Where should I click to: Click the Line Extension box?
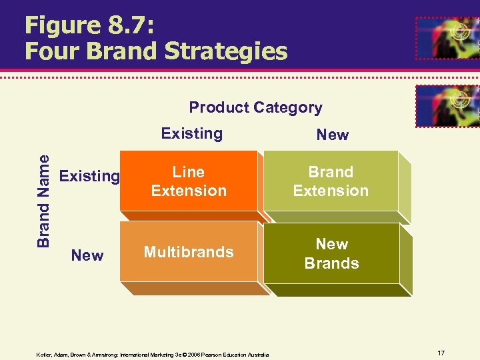(x=189, y=182)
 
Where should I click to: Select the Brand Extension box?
(x=331, y=182)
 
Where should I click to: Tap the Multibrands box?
(x=189, y=252)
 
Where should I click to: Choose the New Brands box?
(x=331, y=254)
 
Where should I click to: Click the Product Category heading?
(x=255, y=107)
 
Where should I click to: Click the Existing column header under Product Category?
(x=192, y=133)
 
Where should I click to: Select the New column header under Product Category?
(x=332, y=135)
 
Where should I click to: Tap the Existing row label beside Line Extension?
(x=89, y=177)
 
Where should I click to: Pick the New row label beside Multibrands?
(x=87, y=255)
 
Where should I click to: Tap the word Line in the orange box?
(x=189, y=172)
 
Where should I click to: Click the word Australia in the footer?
(x=257, y=355)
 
